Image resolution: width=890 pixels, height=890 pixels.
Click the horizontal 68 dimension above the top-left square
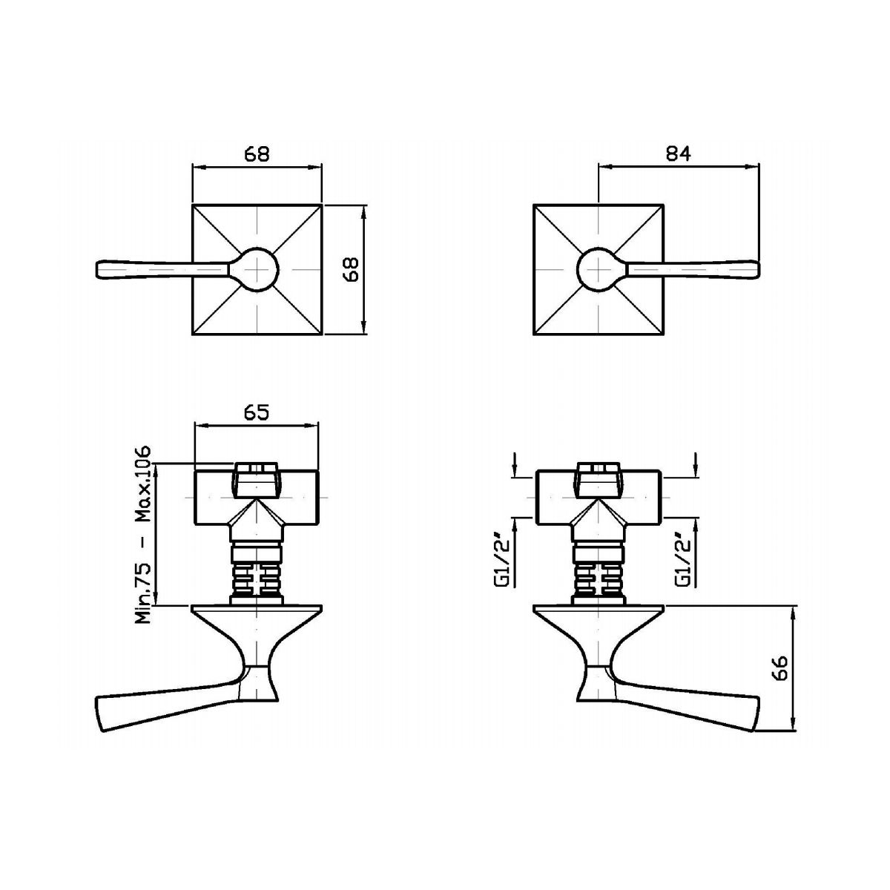pyautogui.click(x=257, y=154)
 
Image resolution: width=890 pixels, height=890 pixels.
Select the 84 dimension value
pyautogui.click(x=679, y=154)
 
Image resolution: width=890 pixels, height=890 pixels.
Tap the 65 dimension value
pyautogui.click(x=257, y=412)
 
